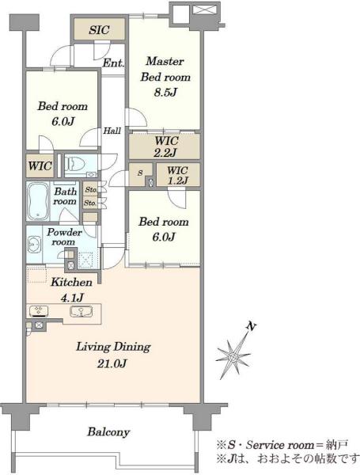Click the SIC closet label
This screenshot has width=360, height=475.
(99, 30)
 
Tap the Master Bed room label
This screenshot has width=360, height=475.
(165, 69)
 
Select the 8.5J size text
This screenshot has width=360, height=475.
(165, 92)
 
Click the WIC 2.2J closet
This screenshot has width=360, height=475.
(165, 146)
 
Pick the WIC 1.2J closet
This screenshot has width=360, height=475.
(178, 175)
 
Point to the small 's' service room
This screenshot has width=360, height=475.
(140, 173)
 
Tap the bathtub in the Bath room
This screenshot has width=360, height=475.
(38, 201)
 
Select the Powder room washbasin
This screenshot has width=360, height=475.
(33, 244)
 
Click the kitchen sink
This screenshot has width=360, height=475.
(81, 311)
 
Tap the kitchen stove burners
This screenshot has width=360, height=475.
(39, 311)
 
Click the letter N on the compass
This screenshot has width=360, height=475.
(251, 326)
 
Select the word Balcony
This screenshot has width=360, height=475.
(108, 431)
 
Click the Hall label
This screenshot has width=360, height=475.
(112, 131)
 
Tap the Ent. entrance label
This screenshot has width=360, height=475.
(113, 63)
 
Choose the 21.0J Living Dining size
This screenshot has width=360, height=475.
(112, 363)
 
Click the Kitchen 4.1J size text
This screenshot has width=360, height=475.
(71, 298)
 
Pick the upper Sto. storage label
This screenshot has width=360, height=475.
(90, 190)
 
